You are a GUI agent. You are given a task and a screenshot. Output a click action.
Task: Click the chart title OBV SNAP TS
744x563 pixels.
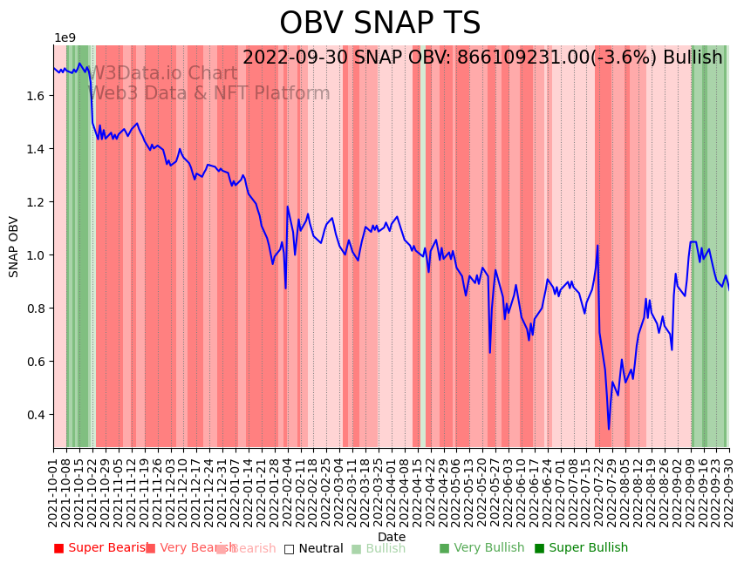pos(379,24)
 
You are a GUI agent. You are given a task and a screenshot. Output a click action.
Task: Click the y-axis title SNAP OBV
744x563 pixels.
pos(14,247)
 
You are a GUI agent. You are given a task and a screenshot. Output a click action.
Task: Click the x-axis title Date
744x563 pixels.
pos(392,537)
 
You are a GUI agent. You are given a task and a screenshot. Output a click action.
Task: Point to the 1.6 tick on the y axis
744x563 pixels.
pos(34,96)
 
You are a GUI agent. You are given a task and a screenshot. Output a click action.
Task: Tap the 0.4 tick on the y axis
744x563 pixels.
pos(34,415)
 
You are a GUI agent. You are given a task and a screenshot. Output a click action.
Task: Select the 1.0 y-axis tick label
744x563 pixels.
pos(34,255)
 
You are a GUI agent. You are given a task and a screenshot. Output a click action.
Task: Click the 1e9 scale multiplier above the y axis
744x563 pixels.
pos(65,37)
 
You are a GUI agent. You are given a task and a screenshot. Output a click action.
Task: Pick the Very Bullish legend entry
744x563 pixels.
pos(481,548)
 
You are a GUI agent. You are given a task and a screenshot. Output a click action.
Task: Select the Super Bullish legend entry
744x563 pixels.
pos(581,548)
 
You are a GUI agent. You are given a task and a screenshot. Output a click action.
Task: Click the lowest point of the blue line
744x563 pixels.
pos(609,429)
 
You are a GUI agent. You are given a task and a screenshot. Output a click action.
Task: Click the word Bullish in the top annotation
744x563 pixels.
pos(693,58)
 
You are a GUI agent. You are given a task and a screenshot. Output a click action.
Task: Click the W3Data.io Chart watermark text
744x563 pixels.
pos(163,74)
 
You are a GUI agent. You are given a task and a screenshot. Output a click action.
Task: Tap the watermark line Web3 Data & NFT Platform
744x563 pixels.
pos(209,93)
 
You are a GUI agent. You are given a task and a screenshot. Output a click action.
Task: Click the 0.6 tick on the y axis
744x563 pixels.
pos(34,362)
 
